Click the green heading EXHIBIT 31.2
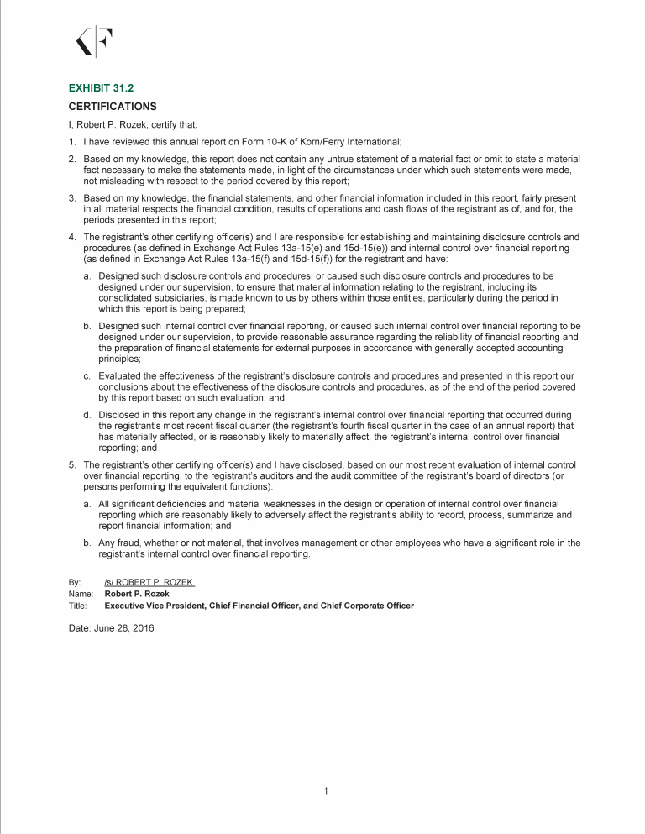tap(95, 87)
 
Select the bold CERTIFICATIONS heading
tap(112, 107)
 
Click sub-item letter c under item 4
tap(87, 375)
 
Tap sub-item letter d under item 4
tap(87, 415)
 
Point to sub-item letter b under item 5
tap(87, 543)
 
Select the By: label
tap(74, 582)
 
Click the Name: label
tap(80, 594)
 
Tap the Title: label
tap(77, 606)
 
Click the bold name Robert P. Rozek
tap(134, 594)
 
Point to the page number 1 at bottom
tap(324, 790)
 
